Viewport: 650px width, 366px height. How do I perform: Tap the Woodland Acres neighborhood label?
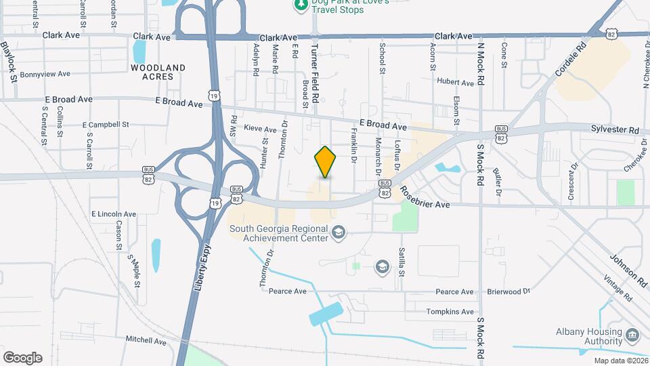[x=158, y=72]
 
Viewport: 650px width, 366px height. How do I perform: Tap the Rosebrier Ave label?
[x=425, y=199]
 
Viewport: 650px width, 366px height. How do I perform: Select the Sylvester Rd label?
[x=615, y=129]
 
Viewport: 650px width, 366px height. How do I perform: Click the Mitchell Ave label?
[x=146, y=341]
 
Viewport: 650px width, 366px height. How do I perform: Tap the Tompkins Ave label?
[x=450, y=312]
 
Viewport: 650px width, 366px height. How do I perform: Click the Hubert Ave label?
[x=455, y=82]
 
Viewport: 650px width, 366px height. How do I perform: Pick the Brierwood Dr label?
[x=508, y=291]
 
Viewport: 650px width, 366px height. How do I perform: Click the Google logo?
[x=22, y=358]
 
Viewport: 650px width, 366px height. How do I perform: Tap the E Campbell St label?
[x=105, y=125]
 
